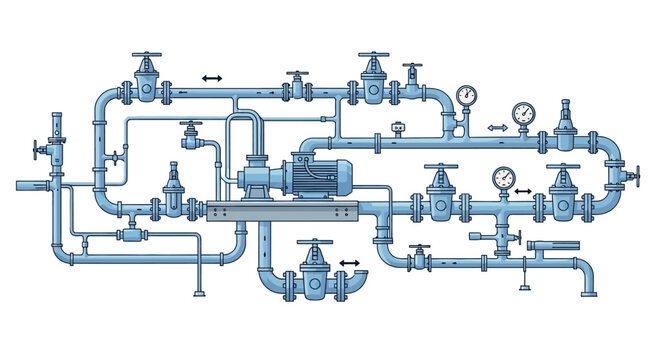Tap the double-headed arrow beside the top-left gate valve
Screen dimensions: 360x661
pos(211,78)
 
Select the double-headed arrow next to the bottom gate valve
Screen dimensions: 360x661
pos(349,263)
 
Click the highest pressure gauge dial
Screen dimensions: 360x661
pos(464,95)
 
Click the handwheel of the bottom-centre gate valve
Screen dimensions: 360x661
pos(316,243)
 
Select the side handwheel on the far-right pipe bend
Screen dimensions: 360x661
pos(633,178)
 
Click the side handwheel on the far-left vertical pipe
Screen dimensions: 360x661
pos(38,153)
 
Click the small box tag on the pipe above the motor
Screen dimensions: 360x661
pos(399,128)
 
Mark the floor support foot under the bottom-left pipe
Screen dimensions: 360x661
pos(201,292)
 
